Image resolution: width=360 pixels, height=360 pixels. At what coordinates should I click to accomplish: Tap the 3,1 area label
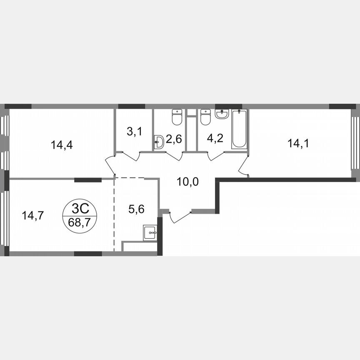tap(134, 132)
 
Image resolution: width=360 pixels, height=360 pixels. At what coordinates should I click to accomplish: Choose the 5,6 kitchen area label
tap(136, 210)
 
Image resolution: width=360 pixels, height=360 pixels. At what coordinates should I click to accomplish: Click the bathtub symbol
tap(239, 129)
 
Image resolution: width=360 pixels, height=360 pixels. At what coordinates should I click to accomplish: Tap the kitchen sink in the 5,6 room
tap(150, 232)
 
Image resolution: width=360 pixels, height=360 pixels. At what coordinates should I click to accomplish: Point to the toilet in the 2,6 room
tap(177, 117)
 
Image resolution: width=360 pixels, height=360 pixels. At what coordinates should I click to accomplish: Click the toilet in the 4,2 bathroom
tap(205, 117)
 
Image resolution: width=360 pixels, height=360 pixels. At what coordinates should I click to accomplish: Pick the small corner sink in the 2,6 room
tap(158, 142)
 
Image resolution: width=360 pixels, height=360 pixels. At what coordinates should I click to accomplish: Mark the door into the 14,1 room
tap(244, 167)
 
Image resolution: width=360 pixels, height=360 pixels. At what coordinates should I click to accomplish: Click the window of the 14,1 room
tap(355, 142)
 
